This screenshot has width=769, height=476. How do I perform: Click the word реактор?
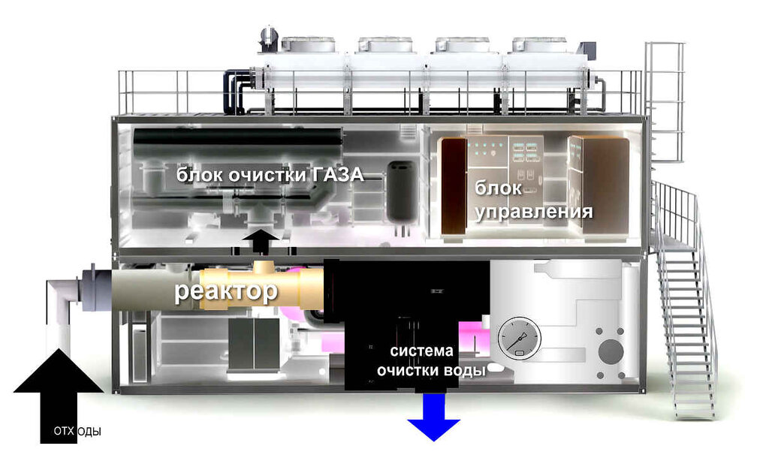pyautogui.click(x=226, y=292)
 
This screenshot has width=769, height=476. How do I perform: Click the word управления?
pyautogui.click(x=532, y=211)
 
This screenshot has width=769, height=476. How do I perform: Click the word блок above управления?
pyautogui.click(x=496, y=190)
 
